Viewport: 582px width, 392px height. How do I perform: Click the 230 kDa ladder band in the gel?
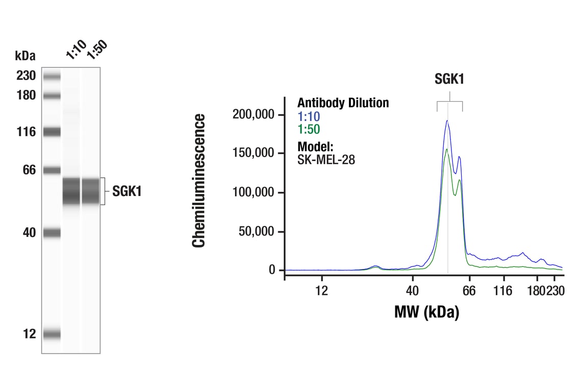[52, 77]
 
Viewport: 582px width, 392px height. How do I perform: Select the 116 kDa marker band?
[52, 132]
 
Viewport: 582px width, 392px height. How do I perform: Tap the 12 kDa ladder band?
[52, 334]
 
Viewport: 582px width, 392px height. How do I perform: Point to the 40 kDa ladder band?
[52, 233]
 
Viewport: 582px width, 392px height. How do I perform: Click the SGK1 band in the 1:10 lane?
[71, 191]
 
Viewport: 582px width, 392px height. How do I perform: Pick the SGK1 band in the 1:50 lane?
[90, 191]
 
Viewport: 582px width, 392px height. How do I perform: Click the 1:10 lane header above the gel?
[75, 50]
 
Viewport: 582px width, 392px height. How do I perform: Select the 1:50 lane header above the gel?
[97, 50]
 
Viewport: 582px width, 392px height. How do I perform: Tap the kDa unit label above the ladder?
[25, 55]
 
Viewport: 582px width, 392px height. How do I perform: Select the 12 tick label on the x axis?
[321, 291]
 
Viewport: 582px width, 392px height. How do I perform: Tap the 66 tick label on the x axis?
[469, 291]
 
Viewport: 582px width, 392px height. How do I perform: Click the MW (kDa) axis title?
[426, 311]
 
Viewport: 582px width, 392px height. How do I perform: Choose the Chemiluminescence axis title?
[198, 181]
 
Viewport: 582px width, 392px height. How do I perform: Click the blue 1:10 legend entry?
[309, 117]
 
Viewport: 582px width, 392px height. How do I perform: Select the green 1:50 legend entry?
[309, 129]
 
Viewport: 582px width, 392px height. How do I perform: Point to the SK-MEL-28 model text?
[326, 159]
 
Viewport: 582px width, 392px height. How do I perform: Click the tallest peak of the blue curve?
[447, 120]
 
